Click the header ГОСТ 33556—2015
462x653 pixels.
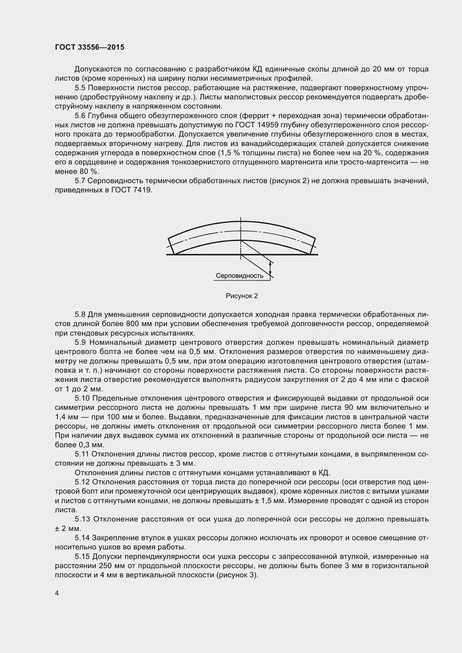pyautogui.click(x=90, y=47)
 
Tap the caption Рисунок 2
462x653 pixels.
pyautogui.click(x=242, y=296)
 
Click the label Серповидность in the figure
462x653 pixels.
pyautogui.click(x=239, y=276)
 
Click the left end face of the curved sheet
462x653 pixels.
pyautogui.click(x=171, y=246)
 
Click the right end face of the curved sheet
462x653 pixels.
pyautogui.click(x=312, y=246)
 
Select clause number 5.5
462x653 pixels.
pyautogui.click(x=80, y=88)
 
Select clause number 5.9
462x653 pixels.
pyautogui.click(x=80, y=343)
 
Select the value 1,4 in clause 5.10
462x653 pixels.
pyautogui.click(x=60, y=417)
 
